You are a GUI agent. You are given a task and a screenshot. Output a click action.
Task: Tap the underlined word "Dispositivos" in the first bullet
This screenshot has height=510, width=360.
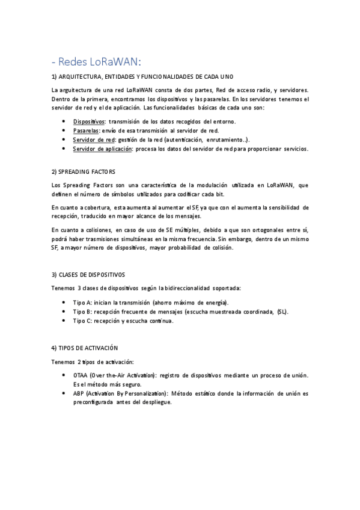pos(89,121)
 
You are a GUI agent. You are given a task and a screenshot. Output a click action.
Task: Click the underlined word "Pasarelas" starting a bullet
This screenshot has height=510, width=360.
pos(87,131)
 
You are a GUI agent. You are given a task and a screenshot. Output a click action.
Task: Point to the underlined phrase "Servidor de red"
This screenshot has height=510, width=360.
pos(93,140)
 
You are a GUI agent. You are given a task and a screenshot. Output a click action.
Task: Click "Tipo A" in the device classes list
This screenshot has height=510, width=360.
pos(82,303)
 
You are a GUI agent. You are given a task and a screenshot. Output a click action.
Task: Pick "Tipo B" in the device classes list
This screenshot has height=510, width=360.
pos(82,312)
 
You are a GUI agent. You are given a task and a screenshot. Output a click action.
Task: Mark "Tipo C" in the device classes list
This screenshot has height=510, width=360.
pos(82,321)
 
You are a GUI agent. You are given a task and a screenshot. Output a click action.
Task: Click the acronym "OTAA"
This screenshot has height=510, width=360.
pos(80,375)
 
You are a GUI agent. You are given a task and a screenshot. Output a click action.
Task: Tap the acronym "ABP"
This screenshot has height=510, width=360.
pos(79,393)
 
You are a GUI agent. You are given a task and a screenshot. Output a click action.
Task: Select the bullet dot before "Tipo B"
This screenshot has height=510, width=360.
pos(64,312)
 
